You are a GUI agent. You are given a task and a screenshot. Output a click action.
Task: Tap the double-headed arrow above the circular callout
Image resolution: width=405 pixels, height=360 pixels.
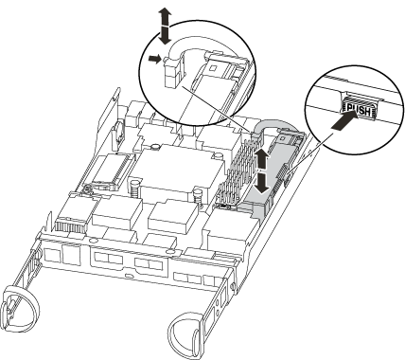pyautogui.click(x=165, y=26)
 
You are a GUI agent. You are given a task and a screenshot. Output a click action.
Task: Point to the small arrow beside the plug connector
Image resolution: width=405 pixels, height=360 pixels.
pyautogui.click(x=155, y=59)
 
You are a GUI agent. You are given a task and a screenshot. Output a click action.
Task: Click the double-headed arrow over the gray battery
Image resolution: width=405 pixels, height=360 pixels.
pyautogui.click(x=262, y=171)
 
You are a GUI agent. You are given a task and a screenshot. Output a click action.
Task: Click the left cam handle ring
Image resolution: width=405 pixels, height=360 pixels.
pyautogui.click(x=20, y=302)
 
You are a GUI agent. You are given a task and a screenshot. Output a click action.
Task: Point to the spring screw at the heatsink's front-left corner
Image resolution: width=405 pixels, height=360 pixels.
pyautogui.click(x=133, y=188)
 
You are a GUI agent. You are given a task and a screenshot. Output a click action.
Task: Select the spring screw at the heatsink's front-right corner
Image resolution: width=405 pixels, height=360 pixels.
pyautogui.click(x=198, y=196)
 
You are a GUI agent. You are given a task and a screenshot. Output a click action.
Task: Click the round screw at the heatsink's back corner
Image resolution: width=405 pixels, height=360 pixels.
pyautogui.click(x=154, y=147)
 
